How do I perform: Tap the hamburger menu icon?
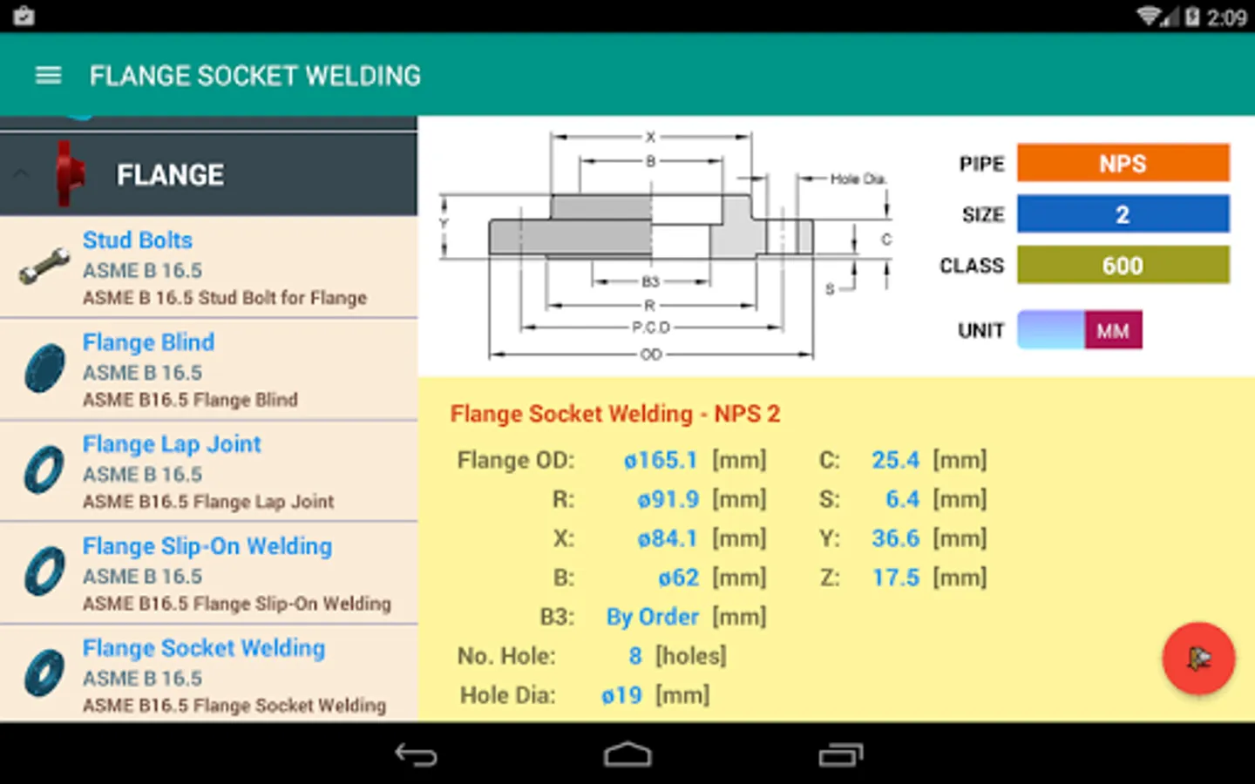coord(48,76)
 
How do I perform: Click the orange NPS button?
coord(1123,163)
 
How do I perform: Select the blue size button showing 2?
coord(1123,214)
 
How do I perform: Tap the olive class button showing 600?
coord(1123,265)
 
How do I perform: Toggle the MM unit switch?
coord(1080,330)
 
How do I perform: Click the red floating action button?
coord(1198,659)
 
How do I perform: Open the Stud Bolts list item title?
coord(138,240)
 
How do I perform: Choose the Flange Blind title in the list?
coord(148,342)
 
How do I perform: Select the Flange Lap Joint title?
coord(172,444)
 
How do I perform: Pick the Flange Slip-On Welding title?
coord(207,546)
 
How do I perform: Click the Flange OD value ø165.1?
coord(661,460)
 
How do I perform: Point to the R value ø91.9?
coord(668,499)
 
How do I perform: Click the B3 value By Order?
coord(653,617)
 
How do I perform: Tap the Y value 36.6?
coord(895,538)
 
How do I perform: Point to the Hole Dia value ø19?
coord(621,695)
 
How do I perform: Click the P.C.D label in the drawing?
coord(651,328)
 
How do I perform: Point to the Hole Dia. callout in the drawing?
coord(858,179)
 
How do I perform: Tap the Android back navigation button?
coord(416,754)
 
